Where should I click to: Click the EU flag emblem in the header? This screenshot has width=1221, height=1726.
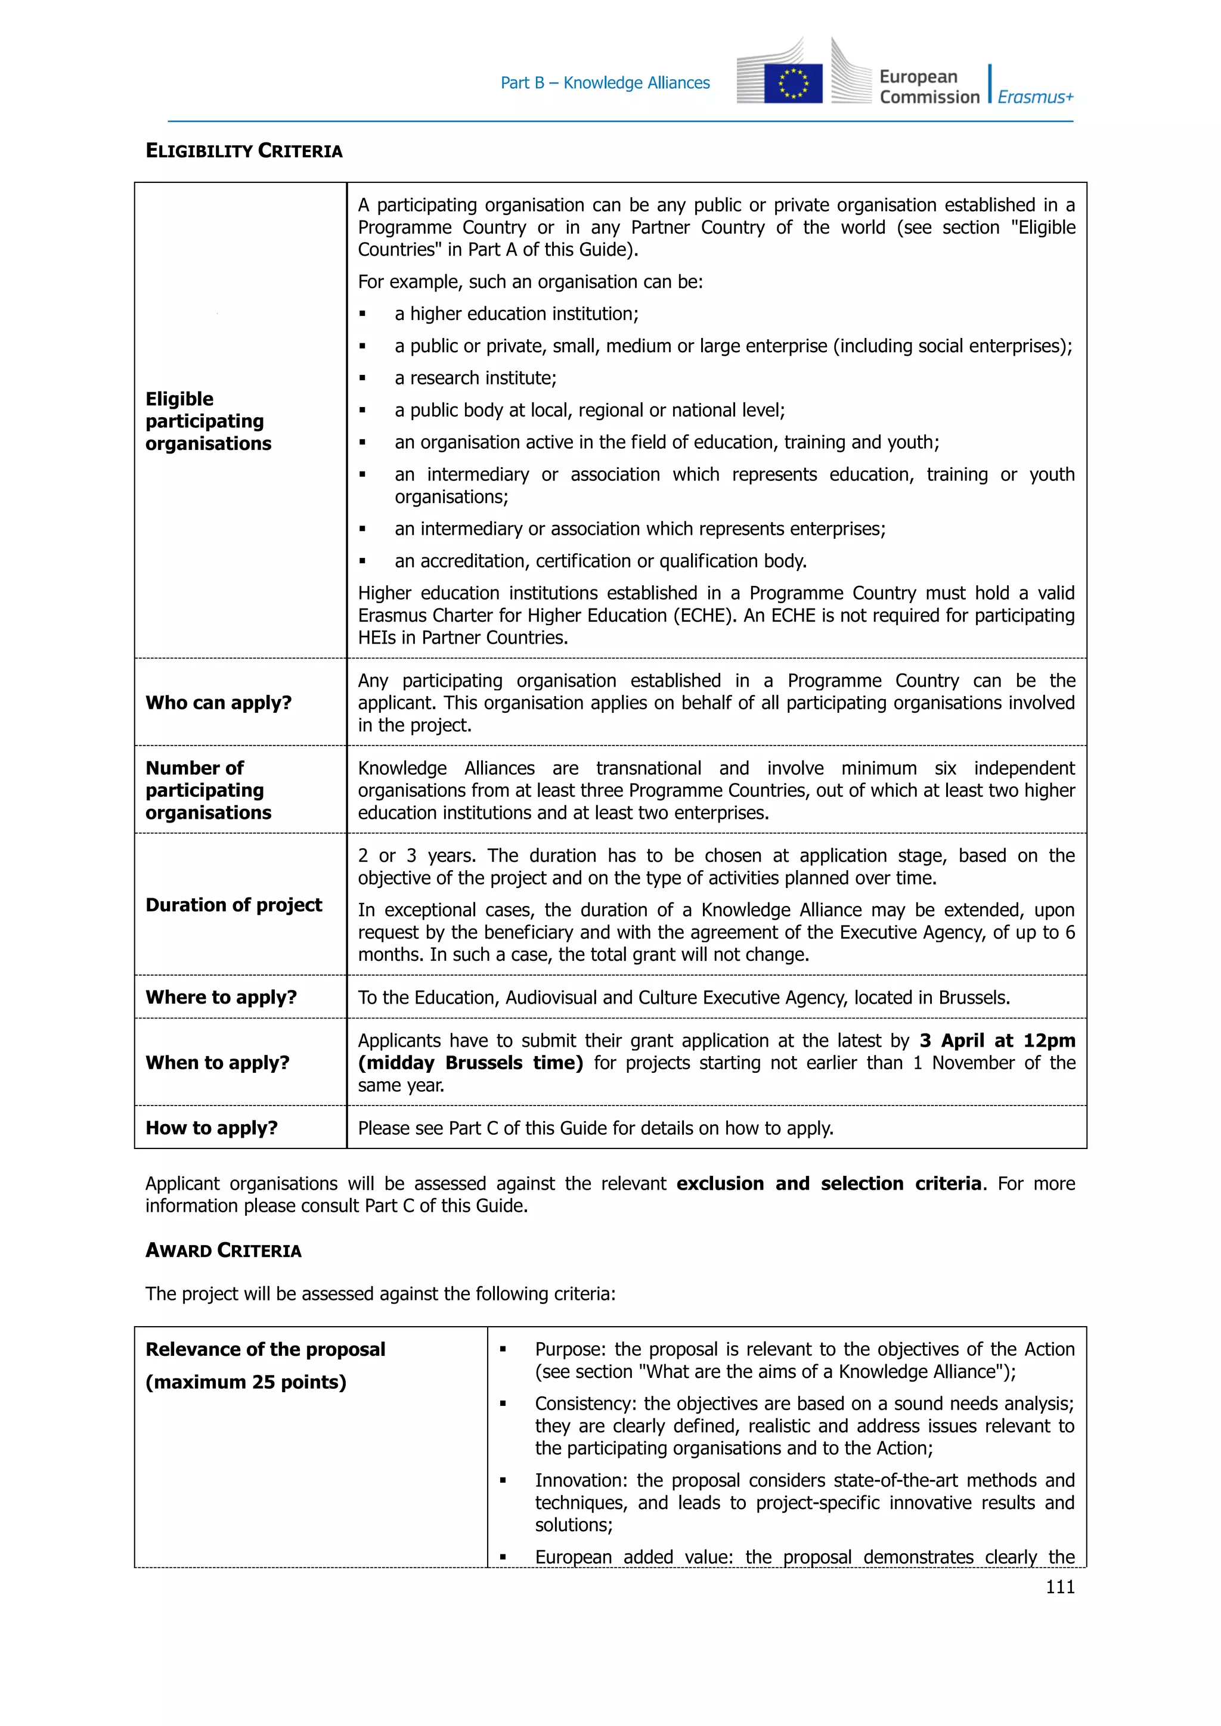(x=792, y=83)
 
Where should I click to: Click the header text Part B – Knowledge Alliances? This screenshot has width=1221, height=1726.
(x=605, y=83)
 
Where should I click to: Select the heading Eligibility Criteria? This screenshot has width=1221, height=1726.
(x=244, y=151)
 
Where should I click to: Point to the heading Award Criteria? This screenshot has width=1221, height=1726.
(x=224, y=1250)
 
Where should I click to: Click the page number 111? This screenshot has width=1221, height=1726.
(x=1060, y=1587)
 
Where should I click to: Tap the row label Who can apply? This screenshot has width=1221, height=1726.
(x=219, y=703)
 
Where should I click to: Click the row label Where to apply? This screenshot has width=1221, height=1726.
(x=221, y=998)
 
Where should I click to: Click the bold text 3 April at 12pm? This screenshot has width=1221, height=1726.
(x=997, y=1041)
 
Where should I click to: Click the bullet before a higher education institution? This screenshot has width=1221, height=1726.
(x=362, y=314)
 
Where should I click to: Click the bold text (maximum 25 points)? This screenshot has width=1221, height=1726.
(x=246, y=1382)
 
